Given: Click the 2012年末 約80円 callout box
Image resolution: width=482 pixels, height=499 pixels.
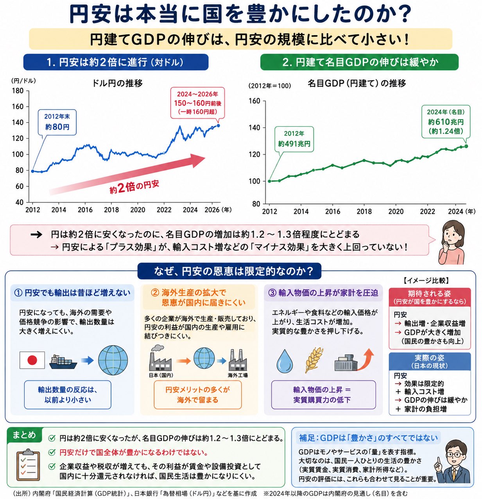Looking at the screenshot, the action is [57, 122].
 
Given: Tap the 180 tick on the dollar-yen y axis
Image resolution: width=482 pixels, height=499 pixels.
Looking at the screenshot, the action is [18, 91].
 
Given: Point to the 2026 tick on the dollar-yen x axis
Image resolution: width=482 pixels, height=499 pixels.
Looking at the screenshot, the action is [212, 210].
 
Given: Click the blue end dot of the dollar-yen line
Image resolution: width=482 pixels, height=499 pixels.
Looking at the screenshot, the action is [218, 125].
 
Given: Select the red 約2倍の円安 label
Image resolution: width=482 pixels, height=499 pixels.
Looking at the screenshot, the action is [134, 186].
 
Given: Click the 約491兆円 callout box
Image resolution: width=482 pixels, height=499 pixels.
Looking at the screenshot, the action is [294, 139].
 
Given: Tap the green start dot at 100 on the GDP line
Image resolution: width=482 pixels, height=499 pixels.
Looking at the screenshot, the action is [269, 181].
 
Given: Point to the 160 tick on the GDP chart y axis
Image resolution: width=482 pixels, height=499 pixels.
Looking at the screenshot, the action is [254, 101].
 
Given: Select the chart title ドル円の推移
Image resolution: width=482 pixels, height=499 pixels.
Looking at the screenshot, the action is [117, 83].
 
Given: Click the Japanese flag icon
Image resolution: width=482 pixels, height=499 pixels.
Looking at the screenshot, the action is [32, 360].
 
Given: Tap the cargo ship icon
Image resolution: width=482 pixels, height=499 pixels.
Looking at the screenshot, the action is [63, 362].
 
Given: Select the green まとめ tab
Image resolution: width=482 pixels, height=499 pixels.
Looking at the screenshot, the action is [24, 435].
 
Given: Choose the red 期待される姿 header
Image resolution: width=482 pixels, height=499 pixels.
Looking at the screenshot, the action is [430, 297].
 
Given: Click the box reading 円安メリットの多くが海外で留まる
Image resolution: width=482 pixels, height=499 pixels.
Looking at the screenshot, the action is [197, 395].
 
